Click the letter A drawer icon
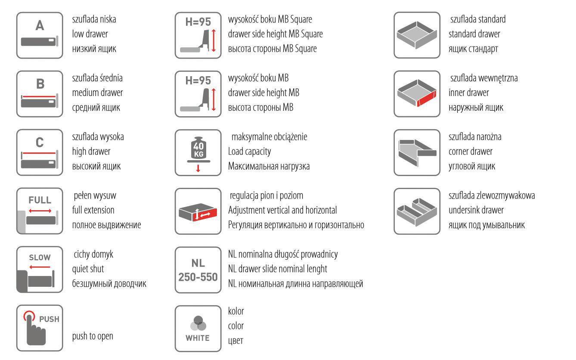40,35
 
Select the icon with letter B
40,93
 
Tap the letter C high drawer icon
40,152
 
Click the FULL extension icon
40,211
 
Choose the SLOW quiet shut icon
40,270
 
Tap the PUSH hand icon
40,328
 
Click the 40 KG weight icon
198,152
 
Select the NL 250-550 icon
198,270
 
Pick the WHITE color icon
198,328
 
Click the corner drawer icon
417,152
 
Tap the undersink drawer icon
417,211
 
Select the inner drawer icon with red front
417,93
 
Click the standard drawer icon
417,35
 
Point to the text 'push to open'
93,336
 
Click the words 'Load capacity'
249,152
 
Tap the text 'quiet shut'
88,269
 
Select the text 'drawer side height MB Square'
275,34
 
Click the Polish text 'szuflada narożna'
475,137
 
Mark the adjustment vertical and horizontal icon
198,211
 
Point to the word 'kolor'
236,311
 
